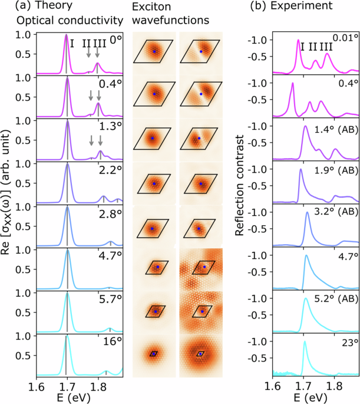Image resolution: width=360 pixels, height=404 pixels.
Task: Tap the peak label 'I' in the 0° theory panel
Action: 71,43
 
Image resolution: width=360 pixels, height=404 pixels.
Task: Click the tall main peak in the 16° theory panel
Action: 67,337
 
